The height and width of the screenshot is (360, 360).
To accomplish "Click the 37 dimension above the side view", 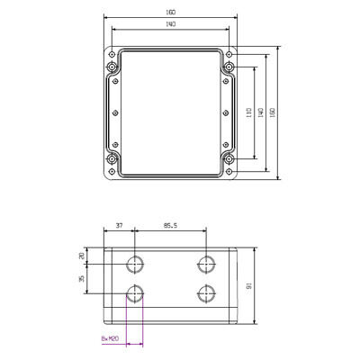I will [x=119, y=226].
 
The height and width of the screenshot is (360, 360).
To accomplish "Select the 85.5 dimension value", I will [x=169, y=226].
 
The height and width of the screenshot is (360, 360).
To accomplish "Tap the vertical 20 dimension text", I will [x=83, y=256].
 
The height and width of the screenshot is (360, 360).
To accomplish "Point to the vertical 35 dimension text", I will [x=83, y=280].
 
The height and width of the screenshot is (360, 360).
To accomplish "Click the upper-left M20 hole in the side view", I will [x=135, y=265].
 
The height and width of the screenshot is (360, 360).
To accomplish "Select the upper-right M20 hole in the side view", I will [x=205, y=265].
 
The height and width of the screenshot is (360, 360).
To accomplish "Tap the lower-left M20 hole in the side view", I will [x=135, y=294].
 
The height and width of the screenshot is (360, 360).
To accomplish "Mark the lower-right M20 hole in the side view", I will [x=205, y=294].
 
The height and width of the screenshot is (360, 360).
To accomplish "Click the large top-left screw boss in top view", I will [x=112, y=67].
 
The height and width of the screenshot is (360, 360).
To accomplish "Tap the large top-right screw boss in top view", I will [x=229, y=67].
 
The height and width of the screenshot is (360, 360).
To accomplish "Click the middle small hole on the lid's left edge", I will [x=116, y=113].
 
